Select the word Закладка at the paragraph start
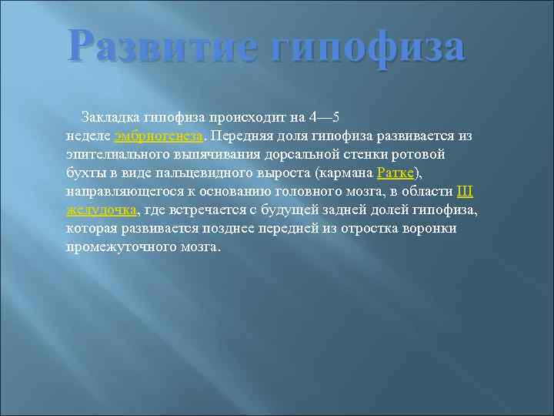click(x=106, y=117)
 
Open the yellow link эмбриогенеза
click(x=159, y=136)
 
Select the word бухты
click(x=83, y=173)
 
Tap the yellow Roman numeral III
click(x=465, y=191)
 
